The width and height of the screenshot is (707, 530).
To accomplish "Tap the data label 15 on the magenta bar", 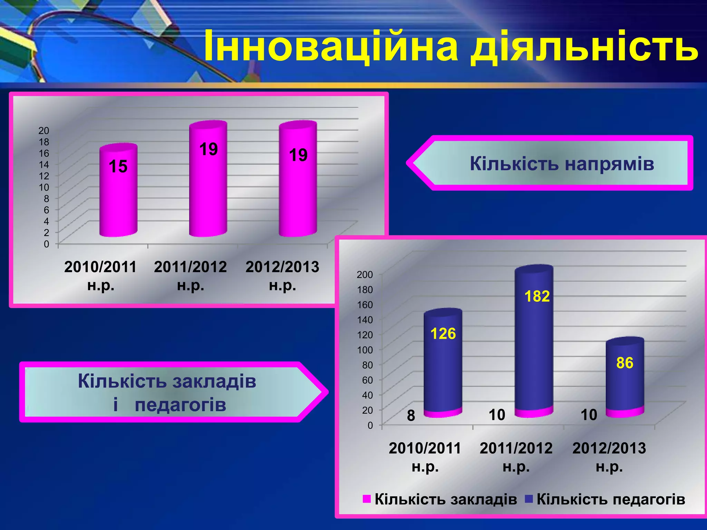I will (x=118, y=166).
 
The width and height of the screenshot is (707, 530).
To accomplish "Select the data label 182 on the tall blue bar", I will (x=537, y=296).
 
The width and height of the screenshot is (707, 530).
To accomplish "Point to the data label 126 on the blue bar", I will (x=443, y=334).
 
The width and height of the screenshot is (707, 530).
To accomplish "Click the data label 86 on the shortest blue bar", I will (x=624, y=363).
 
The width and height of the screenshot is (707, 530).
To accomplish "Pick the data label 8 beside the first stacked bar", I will (x=411, y=416).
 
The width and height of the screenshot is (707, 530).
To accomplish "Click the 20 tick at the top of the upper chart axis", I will (x=44, y=130).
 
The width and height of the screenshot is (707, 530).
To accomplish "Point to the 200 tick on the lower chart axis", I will (x=365, y=275).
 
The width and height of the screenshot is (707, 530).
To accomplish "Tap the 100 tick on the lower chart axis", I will (x=365, y=350).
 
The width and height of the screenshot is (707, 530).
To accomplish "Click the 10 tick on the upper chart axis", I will (x=44, y=187).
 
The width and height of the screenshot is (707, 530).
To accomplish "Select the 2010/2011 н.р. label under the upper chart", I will (x=100, y=276).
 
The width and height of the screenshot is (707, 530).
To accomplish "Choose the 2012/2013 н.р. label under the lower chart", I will (x=609, y=457).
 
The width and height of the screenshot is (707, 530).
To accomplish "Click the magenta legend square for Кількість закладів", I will (x=367, y=499).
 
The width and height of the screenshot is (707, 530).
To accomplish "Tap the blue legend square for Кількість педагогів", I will (x=529, y=499).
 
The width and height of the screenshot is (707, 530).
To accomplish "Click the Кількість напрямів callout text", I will (x=562, y=164).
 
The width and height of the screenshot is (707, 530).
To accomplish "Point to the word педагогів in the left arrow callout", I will (x=180, y=405).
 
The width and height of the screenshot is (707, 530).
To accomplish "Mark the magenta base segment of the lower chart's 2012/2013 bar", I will (x=625, y=413).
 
